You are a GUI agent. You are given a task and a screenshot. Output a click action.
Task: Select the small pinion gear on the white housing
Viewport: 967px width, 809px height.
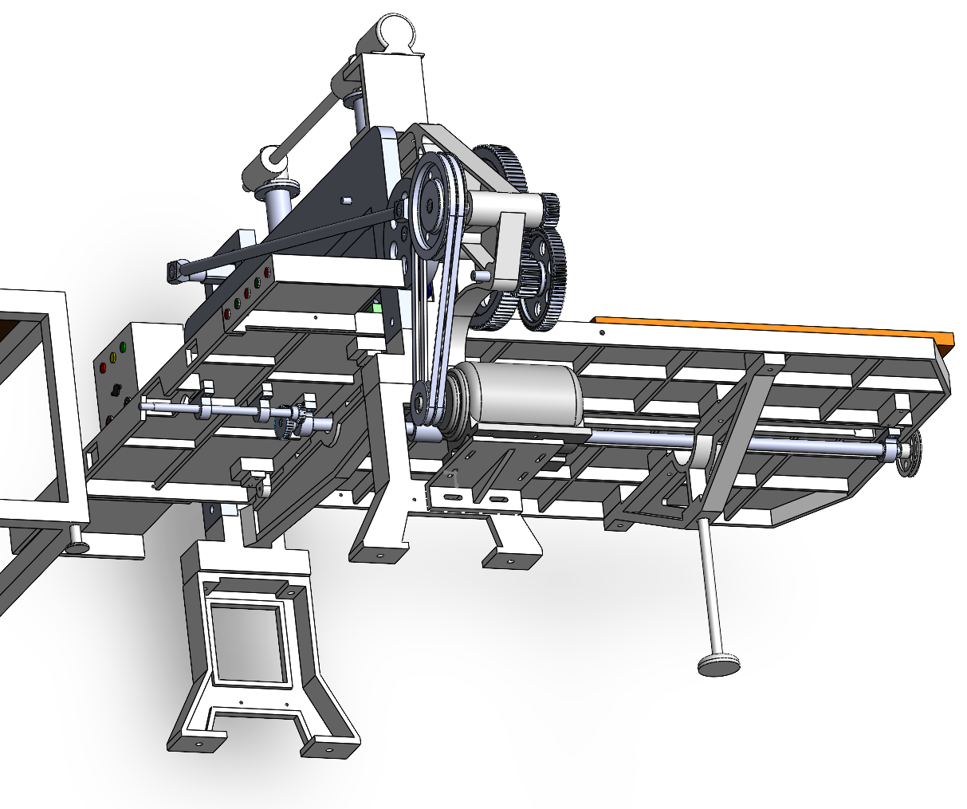pos(549,209)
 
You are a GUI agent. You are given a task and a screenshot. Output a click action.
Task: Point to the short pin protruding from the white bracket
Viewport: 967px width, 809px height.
pos(480,274)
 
